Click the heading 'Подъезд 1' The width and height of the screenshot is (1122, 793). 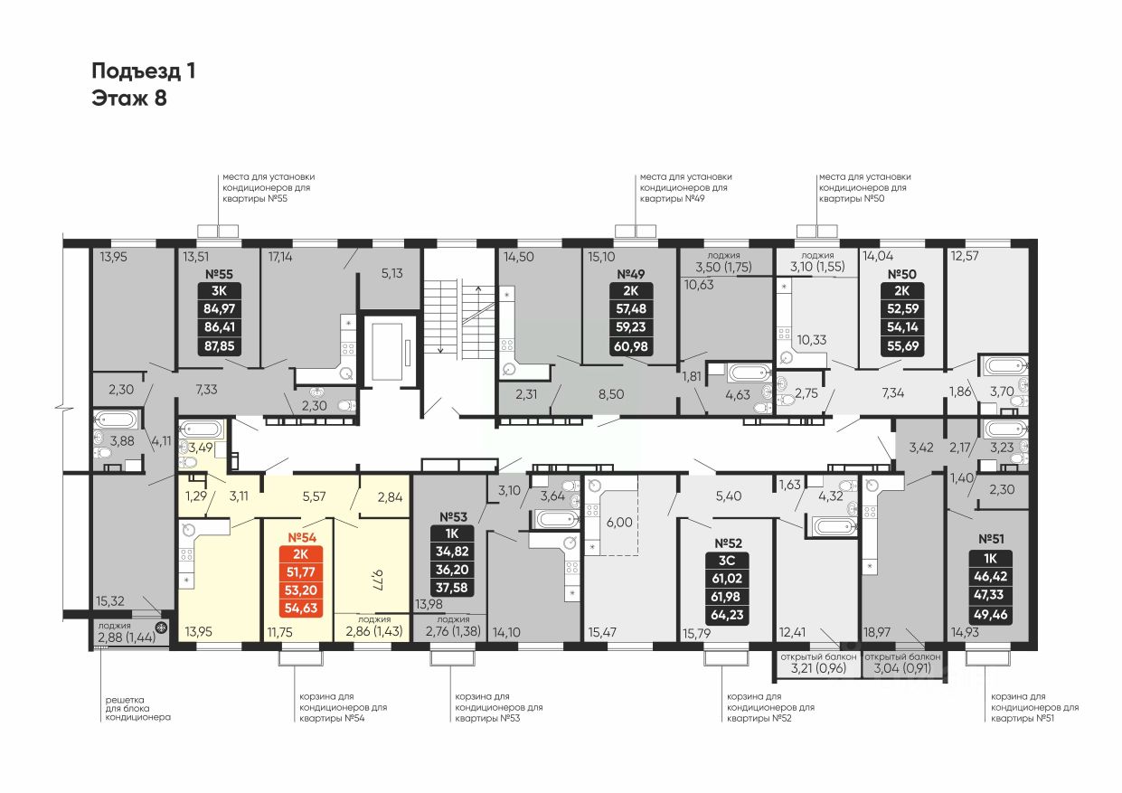[x=144, y=71]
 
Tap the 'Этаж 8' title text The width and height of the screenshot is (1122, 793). [x=129, y=99]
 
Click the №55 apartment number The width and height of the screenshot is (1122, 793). [x=220, y=273]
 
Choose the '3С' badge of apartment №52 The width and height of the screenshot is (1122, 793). [x=728, y=560]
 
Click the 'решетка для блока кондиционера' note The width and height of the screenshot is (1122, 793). [x=137, y=708]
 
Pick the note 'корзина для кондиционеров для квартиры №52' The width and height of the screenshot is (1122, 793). [x=769, y=708]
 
